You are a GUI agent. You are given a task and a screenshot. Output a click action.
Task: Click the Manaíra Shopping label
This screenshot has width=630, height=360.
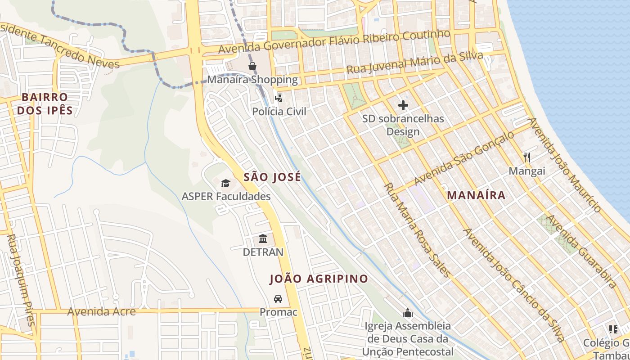click(x=252, y=80)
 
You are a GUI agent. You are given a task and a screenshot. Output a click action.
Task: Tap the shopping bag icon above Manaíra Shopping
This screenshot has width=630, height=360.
click(x=252, y=67)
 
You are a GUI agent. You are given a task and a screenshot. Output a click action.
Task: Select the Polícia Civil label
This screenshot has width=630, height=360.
click(x=279, y=112)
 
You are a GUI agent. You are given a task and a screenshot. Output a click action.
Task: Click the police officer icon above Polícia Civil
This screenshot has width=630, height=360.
click(x=279, y=98)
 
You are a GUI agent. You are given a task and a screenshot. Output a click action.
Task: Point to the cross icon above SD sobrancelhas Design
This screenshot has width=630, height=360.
click(x=403, y=105)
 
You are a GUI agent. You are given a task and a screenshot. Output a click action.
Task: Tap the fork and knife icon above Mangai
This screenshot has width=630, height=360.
click(x=527, y=157)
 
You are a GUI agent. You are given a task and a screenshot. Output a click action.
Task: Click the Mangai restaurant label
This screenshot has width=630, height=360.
click(x=527, y=171)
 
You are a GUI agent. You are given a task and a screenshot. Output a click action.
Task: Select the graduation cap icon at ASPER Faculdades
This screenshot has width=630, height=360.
click(x=225, y=183)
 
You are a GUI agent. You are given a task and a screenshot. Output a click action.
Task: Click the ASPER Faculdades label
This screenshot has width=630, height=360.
click(x=226, y=197)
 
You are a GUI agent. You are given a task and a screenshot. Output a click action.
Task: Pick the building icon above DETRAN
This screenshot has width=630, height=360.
click(x=263, y=239)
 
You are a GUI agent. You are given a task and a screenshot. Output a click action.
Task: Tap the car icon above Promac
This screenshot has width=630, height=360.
click(x=278, y=298)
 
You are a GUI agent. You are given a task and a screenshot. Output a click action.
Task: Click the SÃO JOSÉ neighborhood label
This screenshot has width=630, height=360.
click(x=272, y=177)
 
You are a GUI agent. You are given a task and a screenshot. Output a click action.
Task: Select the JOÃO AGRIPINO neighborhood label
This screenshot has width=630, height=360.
click(x=319, y=279)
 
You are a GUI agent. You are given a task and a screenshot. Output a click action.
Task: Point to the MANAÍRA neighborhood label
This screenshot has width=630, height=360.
click(x=476, y=195)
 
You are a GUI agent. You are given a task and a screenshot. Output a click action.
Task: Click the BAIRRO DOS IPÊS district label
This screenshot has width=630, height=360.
click(x=45, y=104)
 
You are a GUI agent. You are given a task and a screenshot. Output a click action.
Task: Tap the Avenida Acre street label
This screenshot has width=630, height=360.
click(x=101, y=311)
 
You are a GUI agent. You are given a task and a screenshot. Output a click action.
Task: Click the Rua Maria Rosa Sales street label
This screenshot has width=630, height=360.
click(x=417, y=229)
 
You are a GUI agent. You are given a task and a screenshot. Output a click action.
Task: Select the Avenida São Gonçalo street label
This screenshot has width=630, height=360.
click(x=463, y=158)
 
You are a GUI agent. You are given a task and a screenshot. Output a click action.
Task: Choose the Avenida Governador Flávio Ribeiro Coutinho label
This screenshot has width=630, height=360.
click(x=334, y=42)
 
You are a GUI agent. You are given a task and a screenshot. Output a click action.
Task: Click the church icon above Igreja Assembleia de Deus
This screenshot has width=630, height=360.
click(x=408, y=312)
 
